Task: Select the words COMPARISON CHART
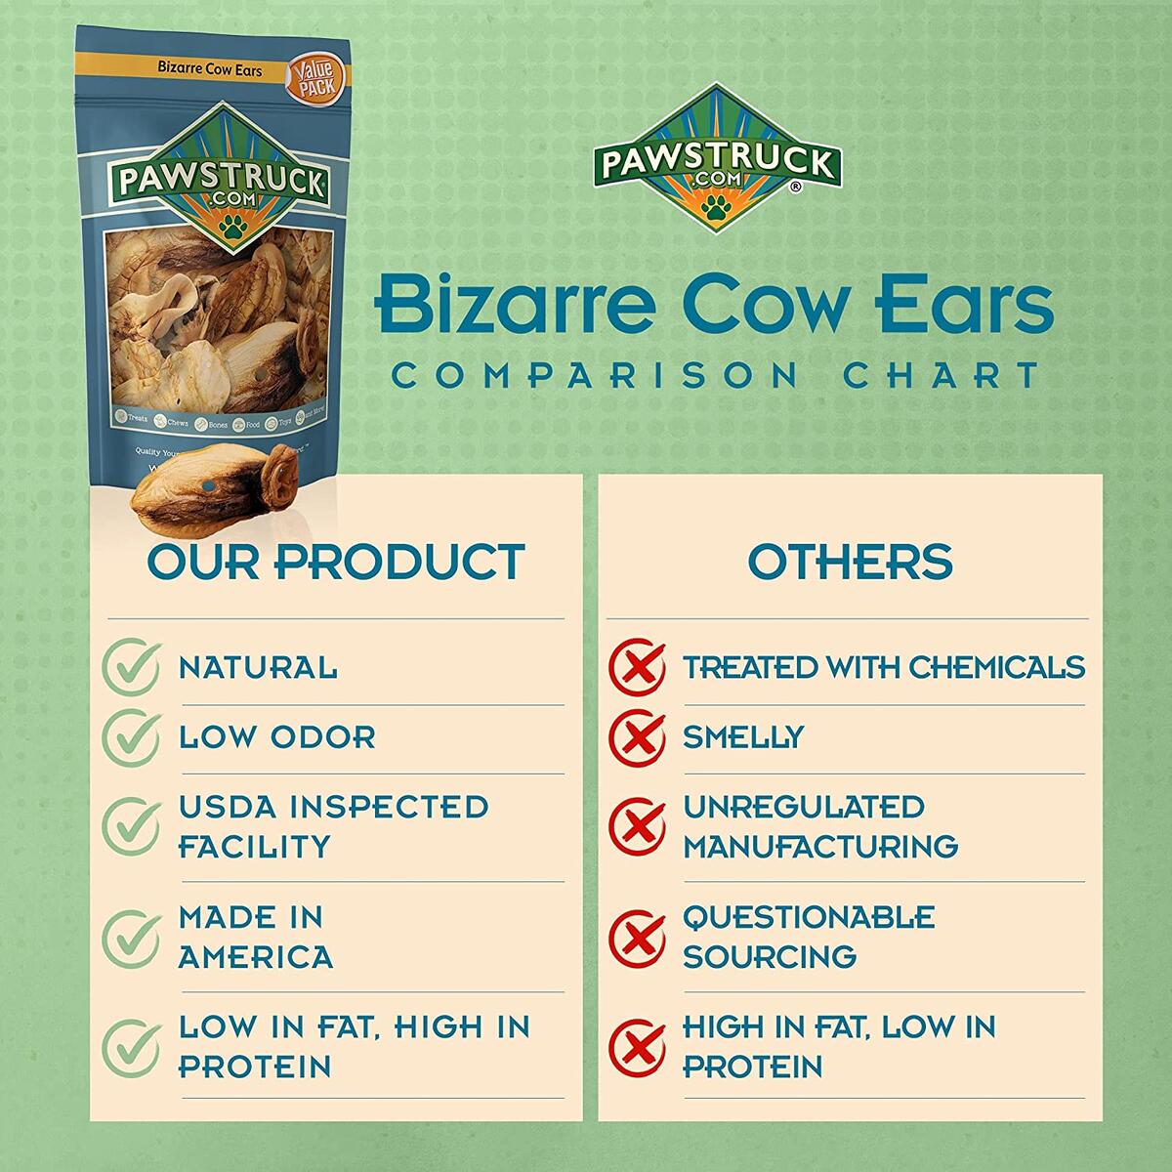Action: tap(714, 375)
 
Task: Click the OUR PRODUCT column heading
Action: tap(336, 562)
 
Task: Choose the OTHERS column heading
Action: tap(850, 562)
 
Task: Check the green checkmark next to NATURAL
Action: tap(131, 667)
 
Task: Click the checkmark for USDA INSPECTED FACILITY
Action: tap(131, 826)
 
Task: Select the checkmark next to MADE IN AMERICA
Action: tap(131, 937)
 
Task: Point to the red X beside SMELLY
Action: tap(637, 736)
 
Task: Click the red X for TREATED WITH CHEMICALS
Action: tap(637, 667)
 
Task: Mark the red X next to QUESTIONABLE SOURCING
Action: tap(637, 937)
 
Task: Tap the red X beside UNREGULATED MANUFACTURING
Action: tap(637, 826)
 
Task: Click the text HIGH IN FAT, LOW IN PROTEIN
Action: tap(838, 1046)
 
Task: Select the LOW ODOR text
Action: tap(277, 737)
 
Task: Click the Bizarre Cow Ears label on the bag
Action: tap(196, 99)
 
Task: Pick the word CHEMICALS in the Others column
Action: tap(996, 667)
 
